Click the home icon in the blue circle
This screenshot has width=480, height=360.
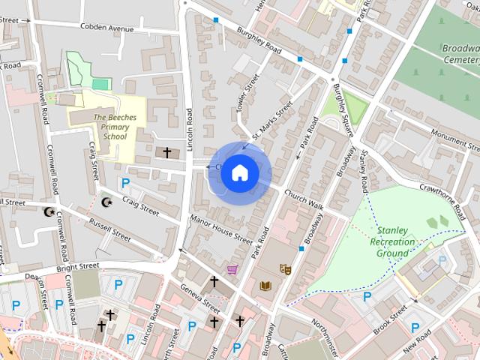[x=239, y=172]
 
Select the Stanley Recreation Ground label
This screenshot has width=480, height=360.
[x=392, y=241]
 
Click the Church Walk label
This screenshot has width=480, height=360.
[x=304, y=199]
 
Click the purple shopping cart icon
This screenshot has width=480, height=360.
[x=232, y=269]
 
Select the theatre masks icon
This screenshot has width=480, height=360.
[x=285, y=268]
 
